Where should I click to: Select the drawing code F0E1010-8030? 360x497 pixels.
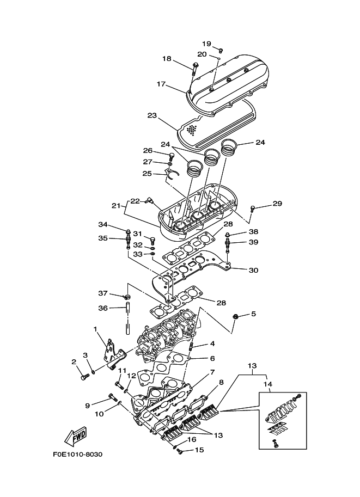pos(78,455)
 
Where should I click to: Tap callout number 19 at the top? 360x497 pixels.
pos(206,44)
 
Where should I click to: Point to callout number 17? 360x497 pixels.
pos(161,84)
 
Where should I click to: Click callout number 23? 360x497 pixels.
pos(152,115)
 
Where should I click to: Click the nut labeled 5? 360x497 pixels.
pos(236,316)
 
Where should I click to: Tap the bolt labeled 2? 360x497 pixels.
pos(84,376)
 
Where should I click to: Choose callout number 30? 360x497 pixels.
pos(253,270)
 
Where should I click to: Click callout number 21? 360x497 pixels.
pos(115,206)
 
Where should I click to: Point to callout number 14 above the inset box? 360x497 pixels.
pos(267,384)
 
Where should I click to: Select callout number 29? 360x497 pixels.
pos(277,204)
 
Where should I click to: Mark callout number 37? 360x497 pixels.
pos(103,293)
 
